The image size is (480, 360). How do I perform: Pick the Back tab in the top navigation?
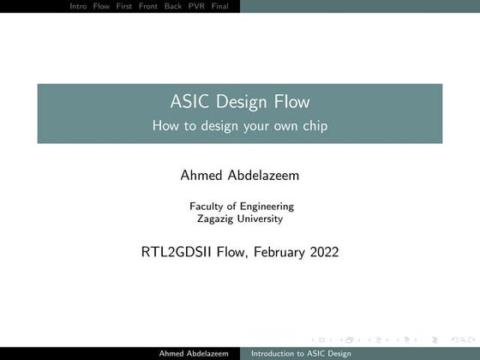pyautogui.click(x=183, y=5)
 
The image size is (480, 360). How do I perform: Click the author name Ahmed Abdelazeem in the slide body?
pyautogui.click(x=240, y=176)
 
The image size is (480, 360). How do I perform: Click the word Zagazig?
pyautogui.click(x=216, y=218)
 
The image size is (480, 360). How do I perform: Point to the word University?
pyautogui.click(x=260, y=218)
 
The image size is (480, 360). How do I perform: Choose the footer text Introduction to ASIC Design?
pyautogui.click(x=296, y=353)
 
